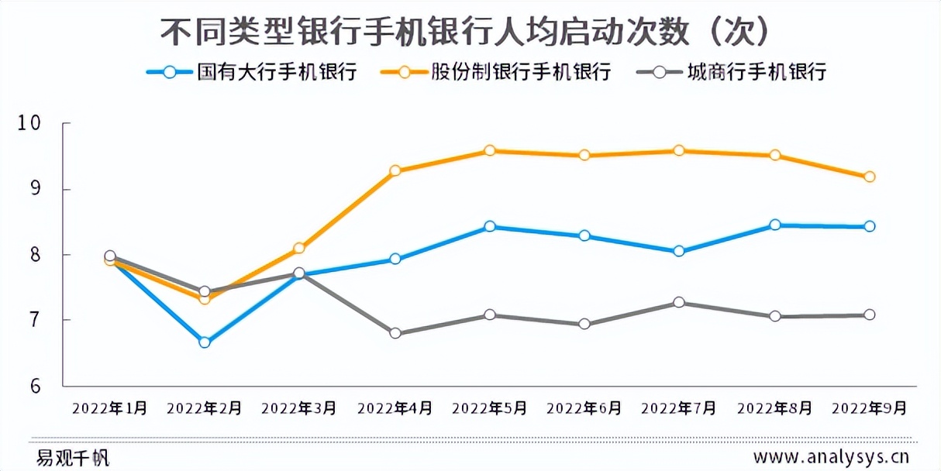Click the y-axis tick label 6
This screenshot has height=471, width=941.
coord(35,386)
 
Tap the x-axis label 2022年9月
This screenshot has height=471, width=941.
coord(868,408)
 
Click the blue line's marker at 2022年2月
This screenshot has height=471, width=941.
coord(205,342)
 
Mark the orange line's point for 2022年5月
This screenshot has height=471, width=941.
coord(490,150)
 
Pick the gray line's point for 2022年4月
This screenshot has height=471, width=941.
coord(395,333)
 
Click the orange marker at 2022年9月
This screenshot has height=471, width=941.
coord(869,177)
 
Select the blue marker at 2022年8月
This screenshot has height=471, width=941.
coord(774,225)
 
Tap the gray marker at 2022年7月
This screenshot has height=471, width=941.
coord(679,302)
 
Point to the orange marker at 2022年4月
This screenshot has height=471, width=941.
coord(395,170)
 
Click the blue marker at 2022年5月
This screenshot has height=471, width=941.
coord(490,226)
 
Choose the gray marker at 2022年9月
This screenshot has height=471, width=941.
coord(869,315)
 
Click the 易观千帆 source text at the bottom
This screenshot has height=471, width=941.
coord(72,457)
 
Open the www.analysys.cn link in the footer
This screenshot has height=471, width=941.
coord(831,456)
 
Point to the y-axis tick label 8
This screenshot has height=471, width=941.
coord(35,255)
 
